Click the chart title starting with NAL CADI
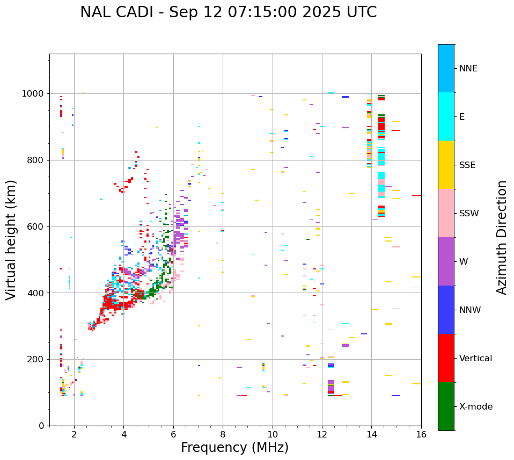click(228, 12)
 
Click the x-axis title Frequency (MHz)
click(234, 448)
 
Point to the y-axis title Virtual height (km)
click(11, 239)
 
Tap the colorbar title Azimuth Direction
click(502, 237)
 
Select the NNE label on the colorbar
click(468, 69)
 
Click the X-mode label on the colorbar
click(475, 407)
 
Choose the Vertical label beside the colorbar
click(475, 359)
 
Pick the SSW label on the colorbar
click(469, 214)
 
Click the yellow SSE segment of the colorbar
click(446, 165)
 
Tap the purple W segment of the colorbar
click(446, 261)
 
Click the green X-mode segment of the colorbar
click(446, 406)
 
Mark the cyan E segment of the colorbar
click(446, 116)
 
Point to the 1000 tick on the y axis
click(34, 94)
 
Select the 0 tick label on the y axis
click(42, 426)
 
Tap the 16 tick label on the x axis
click(421, 434)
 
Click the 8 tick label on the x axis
click(223, 434)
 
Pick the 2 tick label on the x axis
click(74, 434)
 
